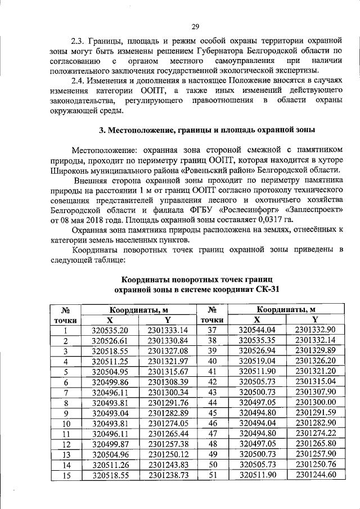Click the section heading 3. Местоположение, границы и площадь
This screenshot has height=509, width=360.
(206, 130)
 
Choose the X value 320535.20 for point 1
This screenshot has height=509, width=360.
(110, 331)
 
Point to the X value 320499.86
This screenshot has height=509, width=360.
(110, 382)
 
